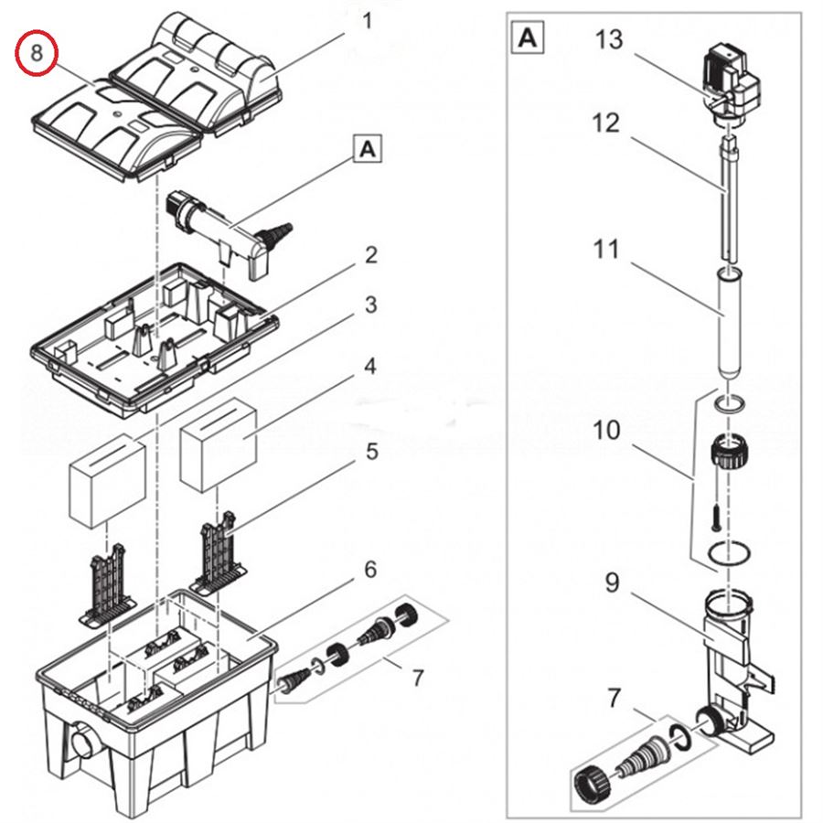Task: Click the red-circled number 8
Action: (x=36, y=53)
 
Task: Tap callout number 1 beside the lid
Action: (x=368, y=20)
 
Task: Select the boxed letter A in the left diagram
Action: (x=368, y=150)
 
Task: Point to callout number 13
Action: (x=608, y=39)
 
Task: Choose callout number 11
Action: (x=606, y=248)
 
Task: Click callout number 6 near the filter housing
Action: (x=369, y=570)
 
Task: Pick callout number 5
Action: (x=369, y=451)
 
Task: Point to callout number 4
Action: (x=369, y=368)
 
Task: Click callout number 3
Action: (x=369, y=305)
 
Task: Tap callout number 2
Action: (x=369, y=255)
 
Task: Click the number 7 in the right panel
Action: (x=612, y=699)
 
